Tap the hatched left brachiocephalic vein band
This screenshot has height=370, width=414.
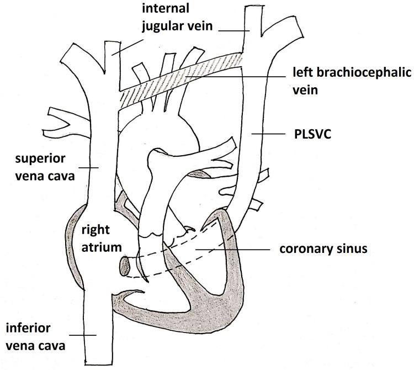tap(182, 77)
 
